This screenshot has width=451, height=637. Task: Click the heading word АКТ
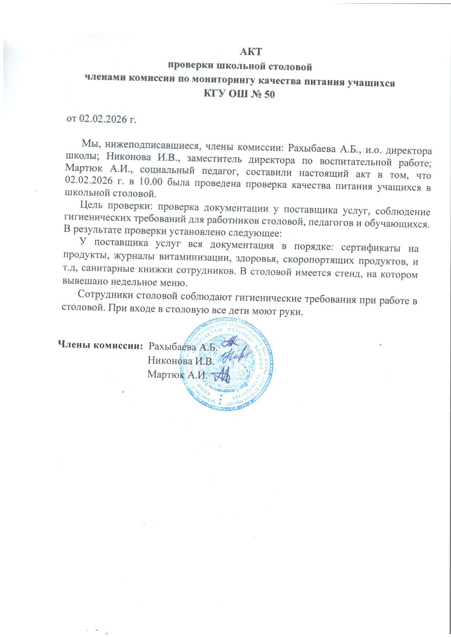pyautogui.click(x=251, y=52)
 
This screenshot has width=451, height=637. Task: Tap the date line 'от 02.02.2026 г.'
pyautogui.click(x=101, y=119)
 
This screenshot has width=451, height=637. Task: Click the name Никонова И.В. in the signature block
pyautogui.click(x=181, y=361)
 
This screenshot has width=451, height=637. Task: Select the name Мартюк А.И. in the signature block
pyautogui.click(x=177, y=374)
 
